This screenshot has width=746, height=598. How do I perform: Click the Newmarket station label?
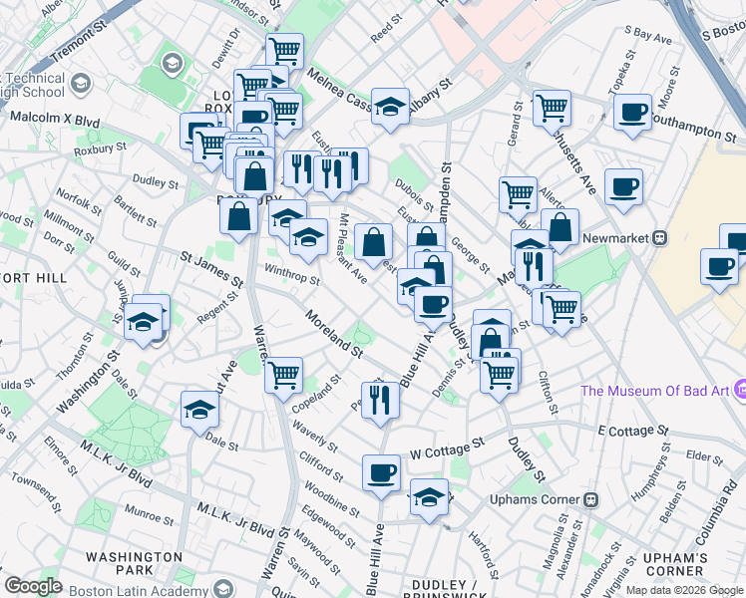point(610,238)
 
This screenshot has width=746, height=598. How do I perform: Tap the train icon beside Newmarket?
point(658,238)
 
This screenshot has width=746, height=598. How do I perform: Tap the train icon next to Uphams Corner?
point(590,499)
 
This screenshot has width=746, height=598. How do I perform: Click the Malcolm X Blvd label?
point(55,120)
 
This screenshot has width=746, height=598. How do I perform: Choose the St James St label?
point(212,269)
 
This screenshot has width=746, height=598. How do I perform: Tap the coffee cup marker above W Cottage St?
point(381,472)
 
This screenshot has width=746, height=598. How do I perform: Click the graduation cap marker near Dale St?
point(199,408)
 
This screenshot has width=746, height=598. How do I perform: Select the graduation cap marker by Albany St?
point(391,105)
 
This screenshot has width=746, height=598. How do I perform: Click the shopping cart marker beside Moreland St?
point(284,374)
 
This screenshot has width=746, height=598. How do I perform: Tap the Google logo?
point(33,586)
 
